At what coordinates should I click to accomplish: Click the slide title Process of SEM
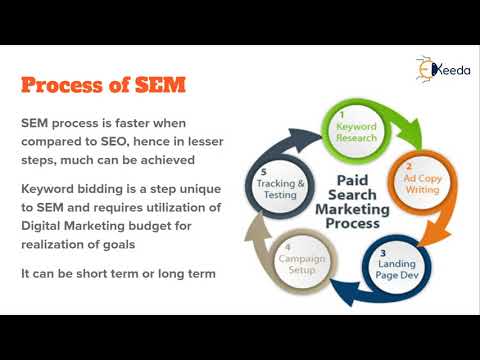[x=103, y=84]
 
